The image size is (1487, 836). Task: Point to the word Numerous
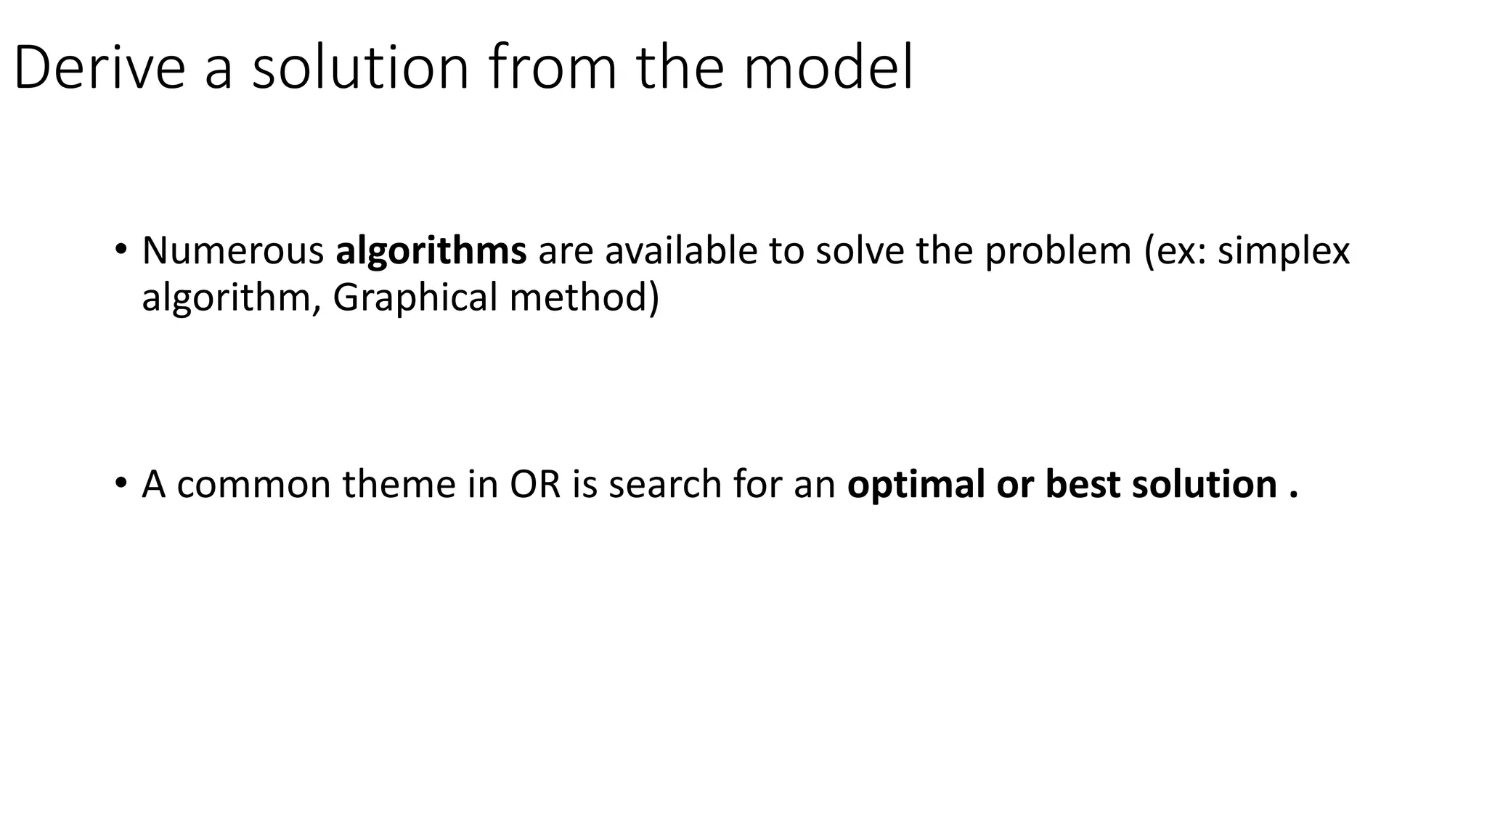click(233, 251)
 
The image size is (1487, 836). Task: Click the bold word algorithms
click(431, 251)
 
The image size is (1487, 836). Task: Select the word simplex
click(1283, 251)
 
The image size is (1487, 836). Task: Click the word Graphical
click(415, 298)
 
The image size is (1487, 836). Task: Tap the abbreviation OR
click(535, 484)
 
